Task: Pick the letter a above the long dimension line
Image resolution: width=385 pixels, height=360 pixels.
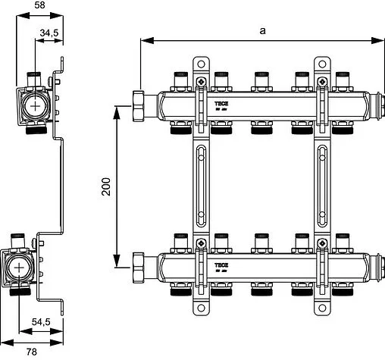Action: click(x=262, y=30)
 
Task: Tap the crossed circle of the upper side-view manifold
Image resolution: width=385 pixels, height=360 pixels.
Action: click(x=36, y=106)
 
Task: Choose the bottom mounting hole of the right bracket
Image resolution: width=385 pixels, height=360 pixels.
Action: click(x=323, y=308)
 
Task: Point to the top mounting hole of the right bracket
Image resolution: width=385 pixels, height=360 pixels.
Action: click(x=323, y=67)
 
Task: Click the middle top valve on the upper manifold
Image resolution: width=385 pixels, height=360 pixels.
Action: click(x=261, y=79)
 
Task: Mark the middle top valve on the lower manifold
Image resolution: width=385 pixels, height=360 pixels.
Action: click(x=261, y=242)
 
